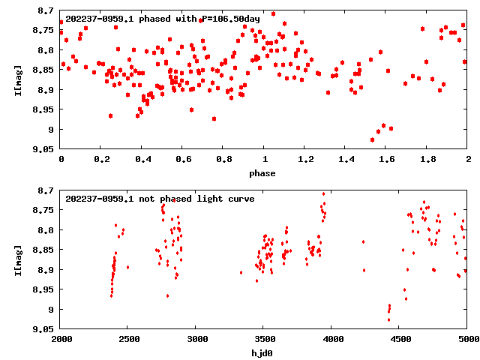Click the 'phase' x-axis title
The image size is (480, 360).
pos(262,173)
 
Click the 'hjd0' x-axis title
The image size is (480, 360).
pos(262,352)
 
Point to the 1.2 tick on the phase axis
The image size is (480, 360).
pos(305,160)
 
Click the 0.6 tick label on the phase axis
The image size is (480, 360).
pos(183,160)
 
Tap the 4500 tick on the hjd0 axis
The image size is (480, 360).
pos(399,339)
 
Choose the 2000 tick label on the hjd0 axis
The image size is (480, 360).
pos(61,339)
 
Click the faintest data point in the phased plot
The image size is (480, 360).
pos(372,139)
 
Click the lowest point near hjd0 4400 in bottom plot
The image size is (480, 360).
pos(388,319)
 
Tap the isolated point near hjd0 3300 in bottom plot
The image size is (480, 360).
pos(241,272)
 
